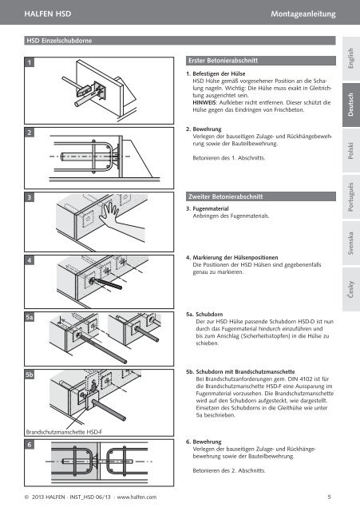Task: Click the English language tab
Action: (x=351, y=58)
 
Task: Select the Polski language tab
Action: (x=351, y=150)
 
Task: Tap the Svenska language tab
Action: (x=351, y=243)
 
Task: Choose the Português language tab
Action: (x=351, y=197)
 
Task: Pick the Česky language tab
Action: (x=351, y=289)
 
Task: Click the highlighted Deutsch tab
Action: (x=351, y=105)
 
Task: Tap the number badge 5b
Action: (x=30, y=374)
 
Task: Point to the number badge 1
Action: (x=30, y=62)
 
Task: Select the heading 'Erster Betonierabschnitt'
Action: (x=223, y=61)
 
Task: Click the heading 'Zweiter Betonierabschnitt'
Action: (x=225, y=196)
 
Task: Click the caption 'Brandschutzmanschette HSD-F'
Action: (x=64, y=432)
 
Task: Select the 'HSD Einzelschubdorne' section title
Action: (x=59, y=41)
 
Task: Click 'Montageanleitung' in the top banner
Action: (x=303, y=14)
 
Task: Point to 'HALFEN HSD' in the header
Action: (x=48, y=14)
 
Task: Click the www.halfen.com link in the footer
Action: (x=136, y=497)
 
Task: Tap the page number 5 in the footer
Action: (x=329, y=497)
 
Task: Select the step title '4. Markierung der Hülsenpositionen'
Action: (x=232, y=257)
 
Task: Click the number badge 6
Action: (x=30, y=445)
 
